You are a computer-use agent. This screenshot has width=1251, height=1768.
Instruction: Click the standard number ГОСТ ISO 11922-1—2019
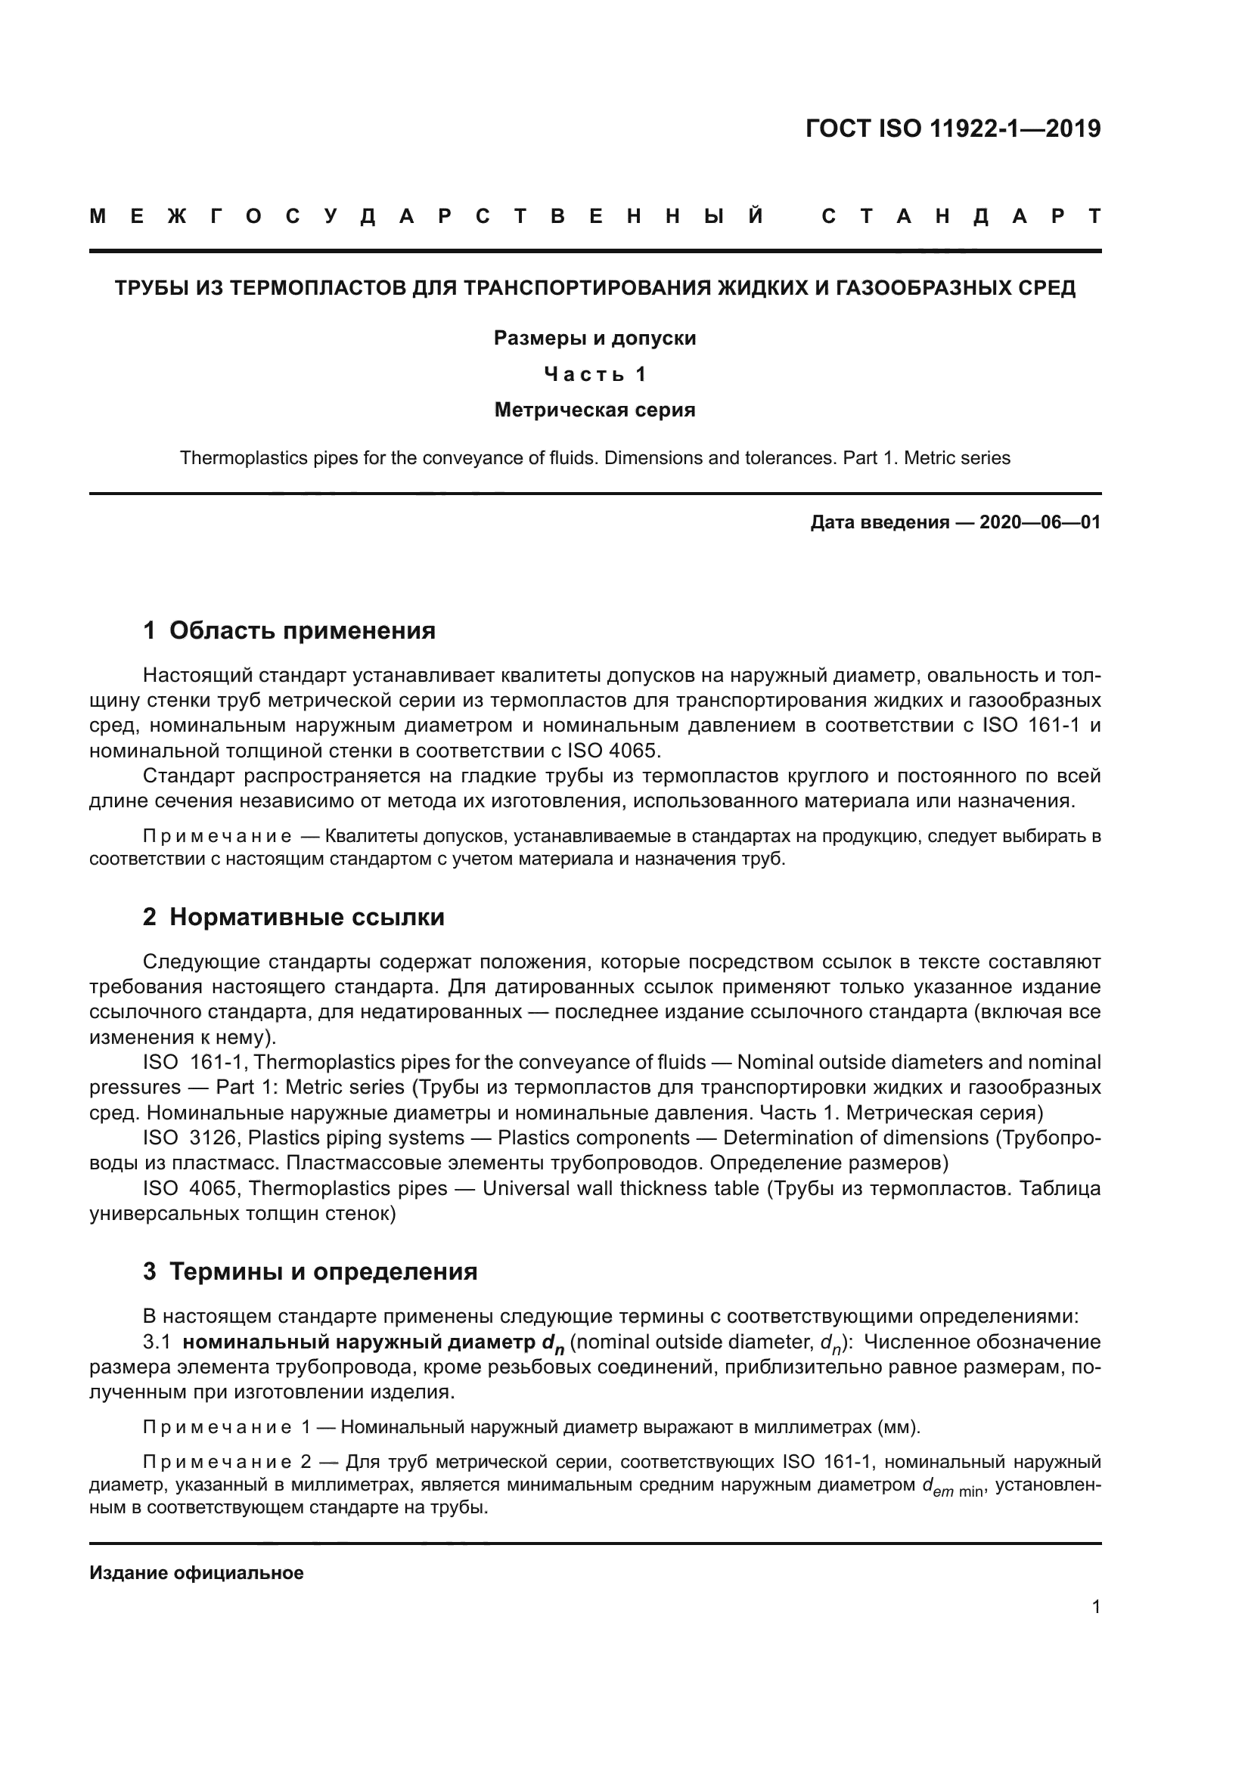coord(953,128)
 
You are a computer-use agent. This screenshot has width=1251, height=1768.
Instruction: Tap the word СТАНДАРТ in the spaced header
coord(961,217)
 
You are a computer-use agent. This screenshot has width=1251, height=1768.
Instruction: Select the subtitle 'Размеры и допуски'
coord(594,338)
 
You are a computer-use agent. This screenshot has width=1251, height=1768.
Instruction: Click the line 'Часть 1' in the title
coord(594,374)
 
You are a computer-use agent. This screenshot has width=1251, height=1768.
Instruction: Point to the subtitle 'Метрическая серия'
coord(594,410)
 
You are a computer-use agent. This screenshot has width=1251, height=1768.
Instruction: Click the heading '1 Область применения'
coord(289,630)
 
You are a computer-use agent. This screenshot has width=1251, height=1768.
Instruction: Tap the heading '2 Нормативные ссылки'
coord(293,917)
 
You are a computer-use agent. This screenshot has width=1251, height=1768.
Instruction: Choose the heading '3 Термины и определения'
coord(309,1271)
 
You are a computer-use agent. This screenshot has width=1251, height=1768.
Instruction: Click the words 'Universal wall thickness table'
coord(620,1188)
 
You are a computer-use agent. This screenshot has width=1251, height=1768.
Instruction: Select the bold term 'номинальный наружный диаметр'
coord(359,1342)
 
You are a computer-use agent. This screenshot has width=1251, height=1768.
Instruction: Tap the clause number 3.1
coord(157,1342)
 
